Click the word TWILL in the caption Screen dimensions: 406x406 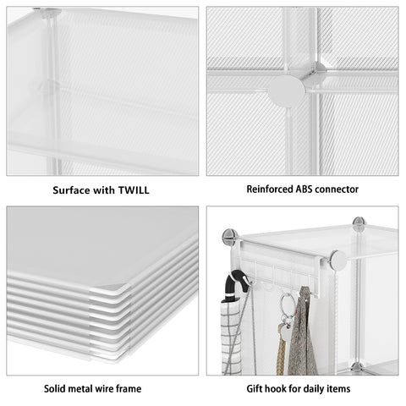coord(134,190)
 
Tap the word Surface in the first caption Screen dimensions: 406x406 coord(72,190)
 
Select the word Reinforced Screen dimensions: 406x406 coord(270,189)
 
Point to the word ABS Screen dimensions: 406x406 coord(304,189)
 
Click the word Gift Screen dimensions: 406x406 coord(255,388)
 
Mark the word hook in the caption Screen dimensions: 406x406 coord(276,388)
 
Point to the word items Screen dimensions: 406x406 coord(338,388)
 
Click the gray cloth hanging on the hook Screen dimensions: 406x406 coord(302,332)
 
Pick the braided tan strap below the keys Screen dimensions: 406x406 coord(281,349)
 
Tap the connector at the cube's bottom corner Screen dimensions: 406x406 coord(358,368)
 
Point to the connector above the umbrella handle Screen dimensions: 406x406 coord(230,237)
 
